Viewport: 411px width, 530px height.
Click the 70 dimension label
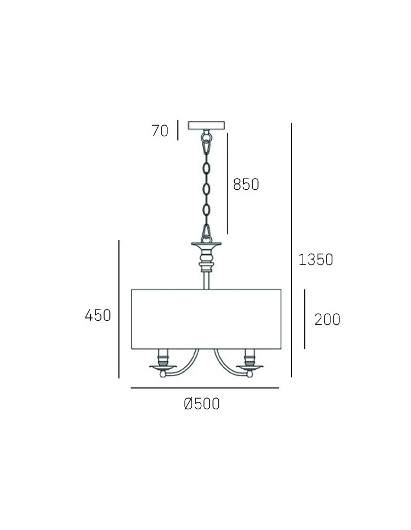(159, 130)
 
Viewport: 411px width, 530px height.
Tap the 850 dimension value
(246, 184)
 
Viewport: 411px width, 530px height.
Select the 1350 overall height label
(315, 260)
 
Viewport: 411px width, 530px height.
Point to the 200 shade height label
(327, 320)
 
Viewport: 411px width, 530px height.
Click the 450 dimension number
(98, 315)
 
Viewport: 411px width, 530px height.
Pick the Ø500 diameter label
(202, 404)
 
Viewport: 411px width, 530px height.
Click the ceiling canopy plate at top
(207, 126)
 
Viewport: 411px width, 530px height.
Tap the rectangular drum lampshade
(206, 319)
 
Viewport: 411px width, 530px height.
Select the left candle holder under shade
(162, 363)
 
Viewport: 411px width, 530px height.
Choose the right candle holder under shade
(250, 363)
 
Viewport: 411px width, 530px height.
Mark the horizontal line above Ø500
(204, 388)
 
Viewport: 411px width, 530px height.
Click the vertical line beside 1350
(292, 249)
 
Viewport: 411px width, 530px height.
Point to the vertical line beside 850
(227, 183)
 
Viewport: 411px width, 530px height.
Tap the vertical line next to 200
(305, 319)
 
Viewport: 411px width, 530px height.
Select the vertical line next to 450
(119, 309)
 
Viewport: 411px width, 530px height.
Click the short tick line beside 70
(178, 130)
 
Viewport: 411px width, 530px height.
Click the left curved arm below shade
(186, 366)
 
